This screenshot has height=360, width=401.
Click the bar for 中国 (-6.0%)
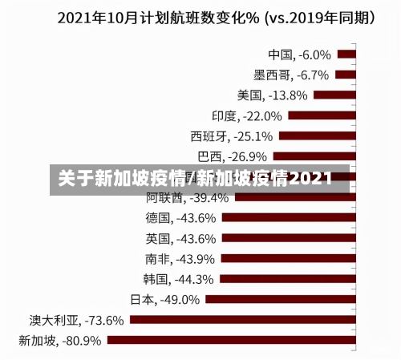coord(346,55)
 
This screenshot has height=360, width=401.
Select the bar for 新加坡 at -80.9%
coord(231,339)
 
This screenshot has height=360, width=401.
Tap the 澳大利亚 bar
coord(241,319)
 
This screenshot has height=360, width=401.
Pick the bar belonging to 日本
coord(280,299)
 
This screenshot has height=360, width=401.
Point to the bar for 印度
coord(321,115)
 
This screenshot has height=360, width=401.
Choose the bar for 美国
coord(334,95)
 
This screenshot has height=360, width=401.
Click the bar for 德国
coord(288,217)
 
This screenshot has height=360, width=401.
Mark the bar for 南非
coord(287,258)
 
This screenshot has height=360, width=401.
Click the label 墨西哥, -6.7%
coord(291,75)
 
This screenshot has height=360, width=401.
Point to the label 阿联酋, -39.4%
coord(187,197)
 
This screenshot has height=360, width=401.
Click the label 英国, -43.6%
coord(180,238)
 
